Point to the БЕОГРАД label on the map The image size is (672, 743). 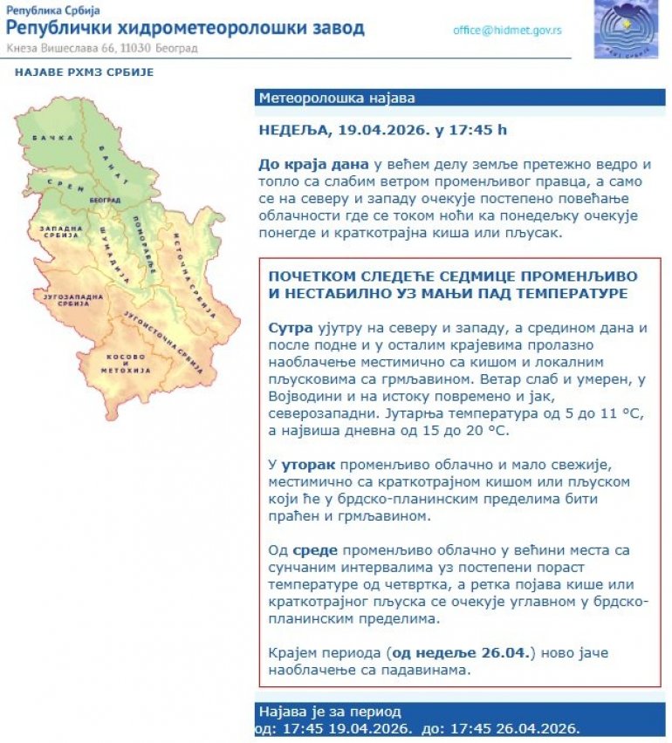coord(104,201)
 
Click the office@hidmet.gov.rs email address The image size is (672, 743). coord(507,30)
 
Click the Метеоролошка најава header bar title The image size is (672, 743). coord(337,98)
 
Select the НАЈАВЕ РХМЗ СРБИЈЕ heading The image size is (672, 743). coord(85,72)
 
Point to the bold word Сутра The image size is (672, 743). coord(287,327)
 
